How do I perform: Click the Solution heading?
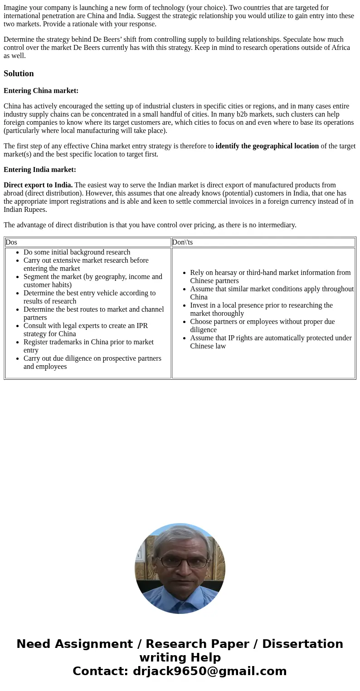pyautogui.click(x=19, y=74)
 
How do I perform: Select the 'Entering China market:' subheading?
pyautogui.click(x=41, y=91)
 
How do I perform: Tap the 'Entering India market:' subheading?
pyautogui.click(x=40, y=170)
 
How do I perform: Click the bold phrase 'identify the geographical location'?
pyautogui.click(x=267, y=146)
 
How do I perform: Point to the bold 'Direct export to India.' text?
pyautogui.click(x=38, y=185)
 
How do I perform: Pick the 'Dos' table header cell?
pyautogui.click(x=11, y=242)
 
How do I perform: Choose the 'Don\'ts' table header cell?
pyautogui.click(x=182, y=242)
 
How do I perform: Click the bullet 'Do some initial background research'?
pyautogui.click(x=77, y=252)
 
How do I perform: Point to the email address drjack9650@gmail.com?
pyautogui.click(x=209, y=671)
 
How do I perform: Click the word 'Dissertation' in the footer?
pyautogui.click(x=302, y=644)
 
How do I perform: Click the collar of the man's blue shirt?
pyautogui.click(x=181, y=595)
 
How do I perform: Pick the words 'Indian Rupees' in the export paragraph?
pyautogui.click(x=25, y=210)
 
